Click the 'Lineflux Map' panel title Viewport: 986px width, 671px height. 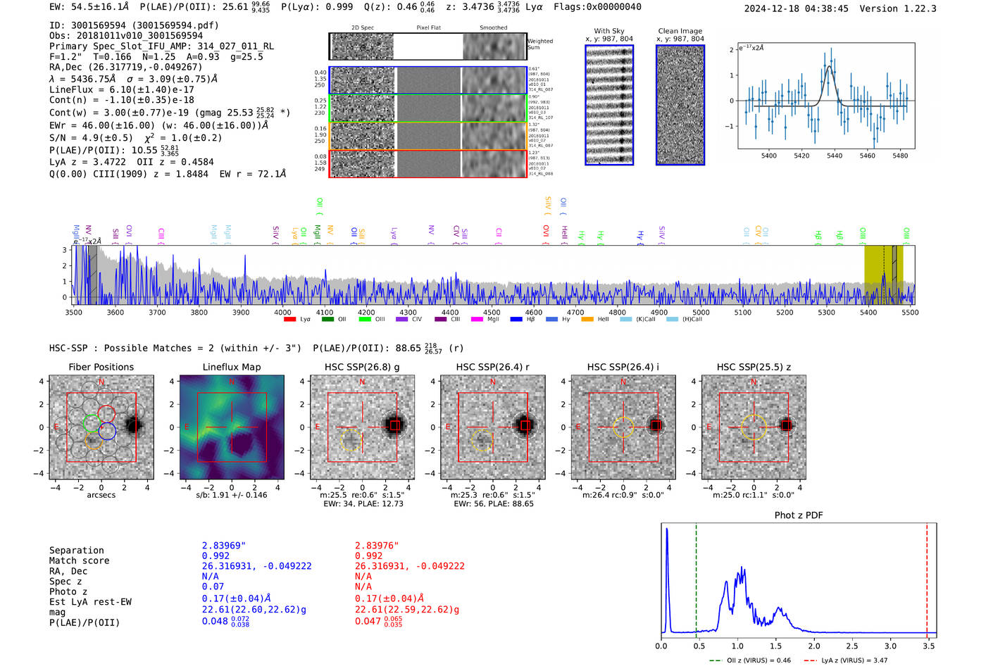click(x=231, y=367)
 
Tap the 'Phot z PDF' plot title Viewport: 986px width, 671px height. click(x=799, y=515)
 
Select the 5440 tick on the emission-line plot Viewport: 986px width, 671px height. click(x=835, y=156)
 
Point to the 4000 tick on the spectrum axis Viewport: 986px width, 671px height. click(x=282, y=313)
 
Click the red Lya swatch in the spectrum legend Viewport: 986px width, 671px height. click(x=289, y=320)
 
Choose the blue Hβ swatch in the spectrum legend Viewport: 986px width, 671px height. click(x=516, y=320)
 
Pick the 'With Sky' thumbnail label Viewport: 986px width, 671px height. click(x=609, y=31)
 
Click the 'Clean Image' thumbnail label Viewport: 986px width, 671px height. click(x=680, y=31)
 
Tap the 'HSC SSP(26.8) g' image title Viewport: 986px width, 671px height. click(x=362, y=367)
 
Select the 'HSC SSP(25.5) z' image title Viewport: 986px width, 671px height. click(x=754, y=367)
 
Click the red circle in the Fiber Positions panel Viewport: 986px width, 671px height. click(x=106, y=413)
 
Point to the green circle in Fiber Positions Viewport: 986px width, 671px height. click(x=92, y=422)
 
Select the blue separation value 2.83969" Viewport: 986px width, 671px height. click(x=223, y=546)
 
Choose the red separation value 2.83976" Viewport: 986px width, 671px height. click(x=376, y=546)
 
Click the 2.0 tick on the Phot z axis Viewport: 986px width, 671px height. click(x=813, y=646)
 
